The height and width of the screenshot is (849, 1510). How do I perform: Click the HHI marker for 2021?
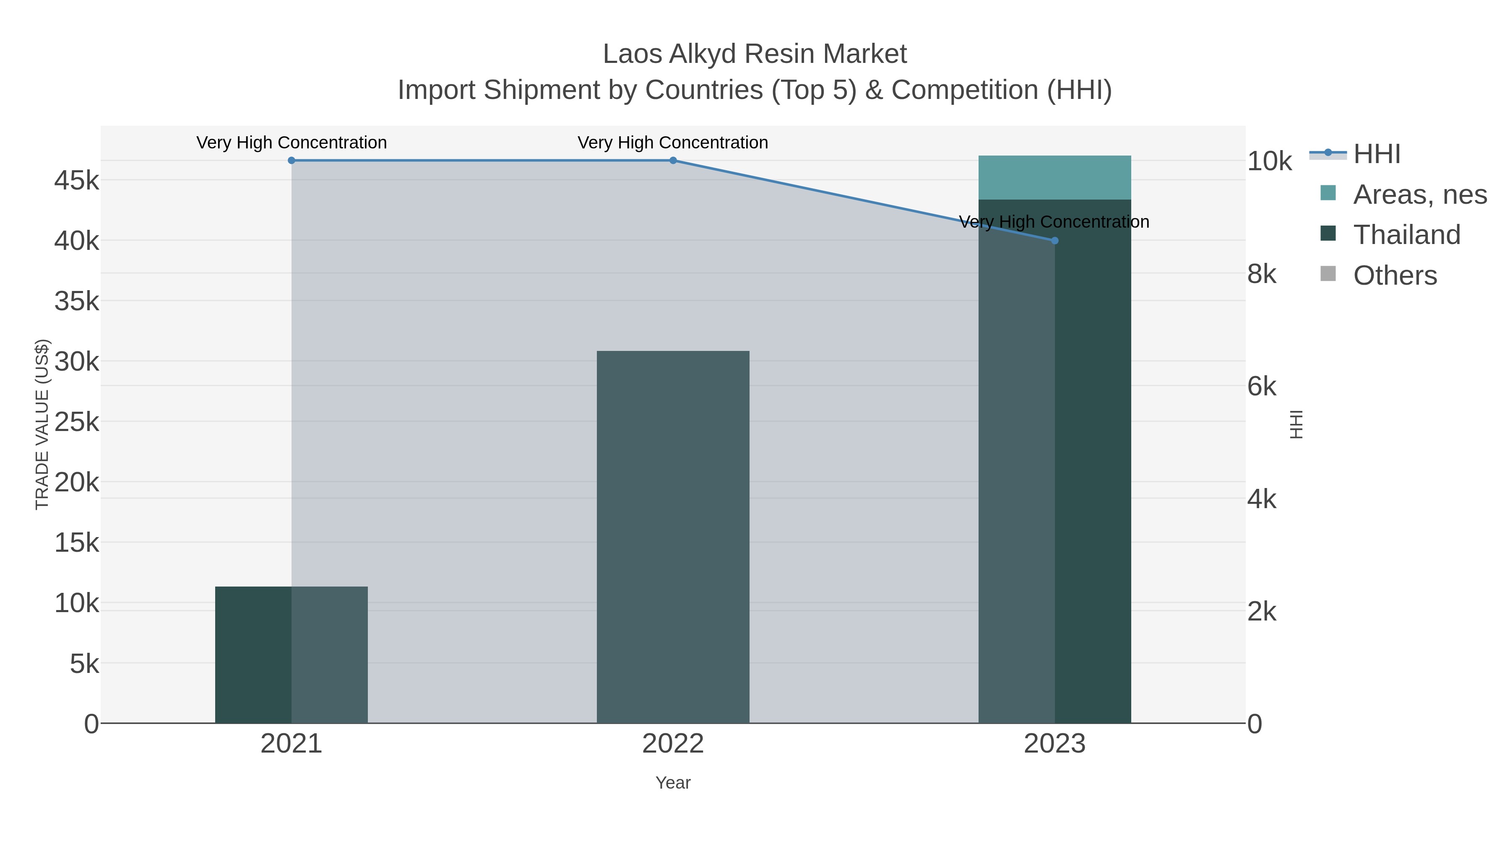tap(292, 161)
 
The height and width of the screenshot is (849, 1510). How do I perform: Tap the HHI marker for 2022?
tap(673, 161)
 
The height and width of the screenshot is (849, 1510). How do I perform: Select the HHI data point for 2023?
tap(1054, 241)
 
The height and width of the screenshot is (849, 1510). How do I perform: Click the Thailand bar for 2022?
tap(673, 537)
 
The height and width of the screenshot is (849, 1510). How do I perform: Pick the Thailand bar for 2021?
tap(292, 654)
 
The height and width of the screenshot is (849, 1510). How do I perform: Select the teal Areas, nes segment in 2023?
tap(1054, 177)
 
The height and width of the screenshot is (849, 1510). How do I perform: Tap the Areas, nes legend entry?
tap(1419, 195)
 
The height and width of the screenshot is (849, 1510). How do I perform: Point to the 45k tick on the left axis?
tap(77, 180)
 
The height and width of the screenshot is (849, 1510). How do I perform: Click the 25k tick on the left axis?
tap(77, 422)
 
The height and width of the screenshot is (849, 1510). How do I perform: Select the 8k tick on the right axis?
tap(1261, 274)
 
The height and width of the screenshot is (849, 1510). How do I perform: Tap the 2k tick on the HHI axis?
tap(1261, 612)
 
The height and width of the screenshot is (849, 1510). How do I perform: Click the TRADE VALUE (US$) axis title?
tap(42, 424)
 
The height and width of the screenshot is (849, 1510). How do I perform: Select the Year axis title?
tap(673, 783)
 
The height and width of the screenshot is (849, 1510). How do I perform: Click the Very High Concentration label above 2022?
tap(673, 143)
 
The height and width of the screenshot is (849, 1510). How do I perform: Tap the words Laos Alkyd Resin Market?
tap(755, 55)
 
